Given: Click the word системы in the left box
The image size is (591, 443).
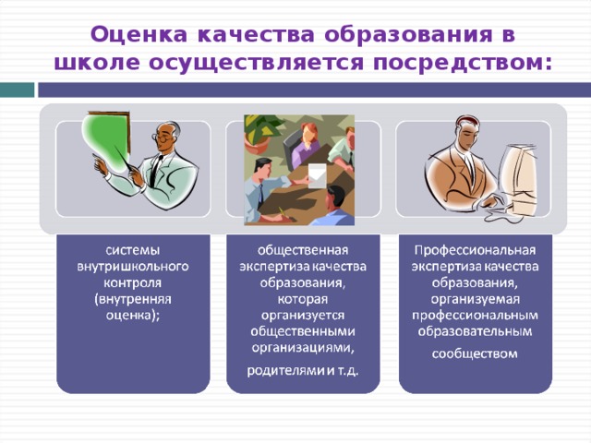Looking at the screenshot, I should (132, 249).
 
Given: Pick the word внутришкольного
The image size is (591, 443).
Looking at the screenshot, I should (132, 266).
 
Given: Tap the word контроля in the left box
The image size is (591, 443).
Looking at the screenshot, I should (132, 282).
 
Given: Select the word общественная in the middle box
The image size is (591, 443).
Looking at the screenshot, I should (303, 249).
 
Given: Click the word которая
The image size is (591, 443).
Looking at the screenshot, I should (303, 299).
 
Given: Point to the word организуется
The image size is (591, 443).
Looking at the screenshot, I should (303, 316).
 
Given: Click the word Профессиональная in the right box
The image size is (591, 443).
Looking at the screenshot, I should (476, 249).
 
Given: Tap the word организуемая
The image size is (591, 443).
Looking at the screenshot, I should (476, 299).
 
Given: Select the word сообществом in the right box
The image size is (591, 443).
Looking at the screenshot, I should (476, 353).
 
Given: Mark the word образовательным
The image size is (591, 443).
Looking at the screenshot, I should (476, 332).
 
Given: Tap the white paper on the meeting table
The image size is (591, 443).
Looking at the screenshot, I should (316, 173).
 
